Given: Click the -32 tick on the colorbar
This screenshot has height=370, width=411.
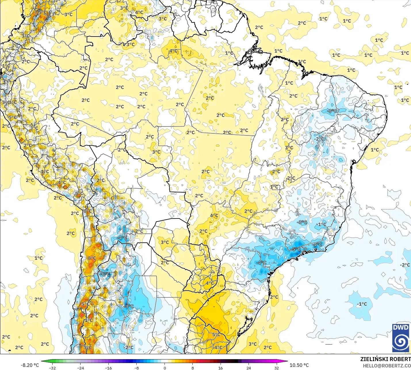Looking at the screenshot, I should [52, 368].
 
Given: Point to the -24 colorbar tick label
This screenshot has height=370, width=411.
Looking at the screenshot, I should [81, 368].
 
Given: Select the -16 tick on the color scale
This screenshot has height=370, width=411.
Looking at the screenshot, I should [108, 368].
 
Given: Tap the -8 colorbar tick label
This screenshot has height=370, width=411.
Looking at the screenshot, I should [137, 368].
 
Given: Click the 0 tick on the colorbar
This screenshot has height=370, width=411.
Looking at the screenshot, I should [165, 368].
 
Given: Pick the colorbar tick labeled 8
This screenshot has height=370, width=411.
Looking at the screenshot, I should [193, 368].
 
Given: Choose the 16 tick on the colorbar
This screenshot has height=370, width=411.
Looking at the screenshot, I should [221, 368].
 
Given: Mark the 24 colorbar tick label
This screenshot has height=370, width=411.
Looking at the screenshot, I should [249, 368].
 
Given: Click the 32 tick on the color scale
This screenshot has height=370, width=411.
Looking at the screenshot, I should [277, 368].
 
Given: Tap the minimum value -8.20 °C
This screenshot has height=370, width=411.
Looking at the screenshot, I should [30, 365].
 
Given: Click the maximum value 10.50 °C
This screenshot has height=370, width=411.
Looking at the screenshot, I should [299, 365].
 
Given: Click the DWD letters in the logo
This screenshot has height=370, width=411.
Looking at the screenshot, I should [401, 327].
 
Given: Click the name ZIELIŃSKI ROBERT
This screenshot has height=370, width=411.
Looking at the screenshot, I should [385, 359].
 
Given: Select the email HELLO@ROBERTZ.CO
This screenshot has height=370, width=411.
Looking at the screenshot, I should [387, 366].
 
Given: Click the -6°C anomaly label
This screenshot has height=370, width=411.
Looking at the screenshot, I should [105, 274].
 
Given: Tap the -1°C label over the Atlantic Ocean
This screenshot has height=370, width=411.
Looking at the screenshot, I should [362, 304].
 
